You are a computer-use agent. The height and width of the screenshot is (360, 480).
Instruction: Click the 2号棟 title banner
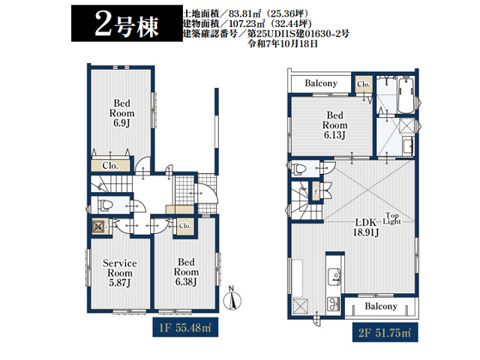click(127, 23)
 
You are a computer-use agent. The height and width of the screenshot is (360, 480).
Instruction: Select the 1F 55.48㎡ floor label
click(185, 328)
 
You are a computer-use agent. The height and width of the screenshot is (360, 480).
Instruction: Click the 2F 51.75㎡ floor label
click(385, 332)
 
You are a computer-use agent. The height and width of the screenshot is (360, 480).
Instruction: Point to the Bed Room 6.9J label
click(121, 113)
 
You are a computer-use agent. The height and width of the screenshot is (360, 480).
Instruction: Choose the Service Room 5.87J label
click(120, 273)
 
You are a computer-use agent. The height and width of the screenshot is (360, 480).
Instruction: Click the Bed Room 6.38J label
click(186, 271)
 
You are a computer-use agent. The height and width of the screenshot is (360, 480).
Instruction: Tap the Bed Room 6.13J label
click(334, 125)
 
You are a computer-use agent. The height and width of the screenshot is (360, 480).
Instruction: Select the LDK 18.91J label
click(366, 227)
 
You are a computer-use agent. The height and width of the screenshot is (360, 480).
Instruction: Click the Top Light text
click(391, 218)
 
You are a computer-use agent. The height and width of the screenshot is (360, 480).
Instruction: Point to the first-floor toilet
click(103, 205)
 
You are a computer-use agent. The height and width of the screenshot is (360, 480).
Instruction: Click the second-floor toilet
click(298, 169)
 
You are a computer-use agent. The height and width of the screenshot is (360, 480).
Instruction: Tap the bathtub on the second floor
click(406, 95)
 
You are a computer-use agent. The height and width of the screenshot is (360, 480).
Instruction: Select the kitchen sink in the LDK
click(334, 277)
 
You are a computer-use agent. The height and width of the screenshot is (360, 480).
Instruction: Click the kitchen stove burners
click(334, 304)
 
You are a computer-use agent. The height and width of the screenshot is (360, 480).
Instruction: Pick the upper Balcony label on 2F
click(321, 83)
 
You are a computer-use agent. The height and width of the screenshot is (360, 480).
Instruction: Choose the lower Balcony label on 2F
click(381, 306)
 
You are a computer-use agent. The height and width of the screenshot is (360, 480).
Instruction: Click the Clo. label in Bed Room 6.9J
click(110, 166)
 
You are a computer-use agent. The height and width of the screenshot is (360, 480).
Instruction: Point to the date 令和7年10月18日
click(283, 43)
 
